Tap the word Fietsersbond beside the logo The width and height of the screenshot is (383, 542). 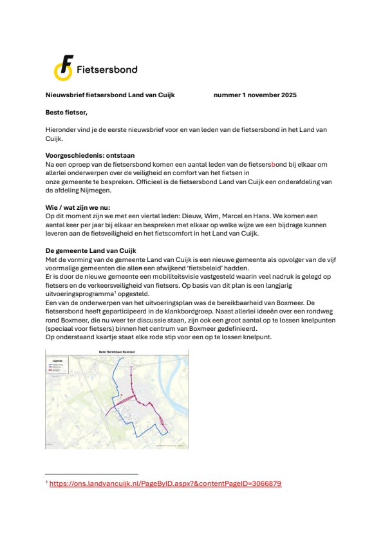pyautogui.click(x=106, y=70)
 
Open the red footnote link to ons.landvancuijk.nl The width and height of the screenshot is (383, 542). pyautogui.click(x=165, y=483)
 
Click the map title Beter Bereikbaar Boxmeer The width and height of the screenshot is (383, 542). pyautogui.click(x=116, y=351)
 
